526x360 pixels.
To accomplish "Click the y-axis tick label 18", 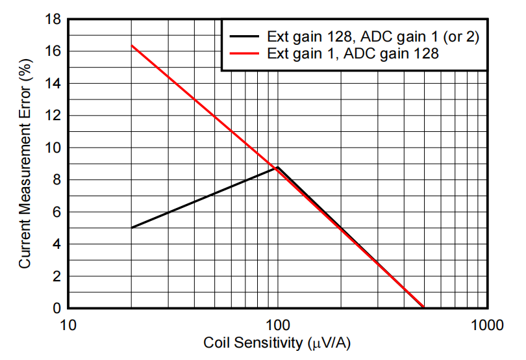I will click(x=54, y=20).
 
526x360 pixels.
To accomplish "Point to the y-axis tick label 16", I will click(x=54, y=51).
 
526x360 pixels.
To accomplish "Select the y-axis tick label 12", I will click(x=54, y=116).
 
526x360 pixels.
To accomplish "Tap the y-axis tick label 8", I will click(x=57, y=180).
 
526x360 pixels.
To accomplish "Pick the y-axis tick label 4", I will click(x=57, y=244).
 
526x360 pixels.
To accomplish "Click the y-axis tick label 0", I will click(x=57, y=308).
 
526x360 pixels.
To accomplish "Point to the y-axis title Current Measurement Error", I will click(x=25, y=164).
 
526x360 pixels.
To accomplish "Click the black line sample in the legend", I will click(x=244, y=37).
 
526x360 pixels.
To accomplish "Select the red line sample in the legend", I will click(x=244, y=55).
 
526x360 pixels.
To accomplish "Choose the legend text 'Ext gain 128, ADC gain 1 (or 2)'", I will click(x=373, y=37).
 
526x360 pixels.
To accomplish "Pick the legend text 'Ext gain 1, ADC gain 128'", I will click(x=353, y=55).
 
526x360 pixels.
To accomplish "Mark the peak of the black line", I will click(x=278, y=167).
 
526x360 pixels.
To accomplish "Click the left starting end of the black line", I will click(x=132, y=227).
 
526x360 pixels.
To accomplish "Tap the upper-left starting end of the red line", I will click(x=132, y=45).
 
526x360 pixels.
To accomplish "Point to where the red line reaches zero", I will click(x=423, y=307).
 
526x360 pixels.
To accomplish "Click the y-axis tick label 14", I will click(x=54, y=84).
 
